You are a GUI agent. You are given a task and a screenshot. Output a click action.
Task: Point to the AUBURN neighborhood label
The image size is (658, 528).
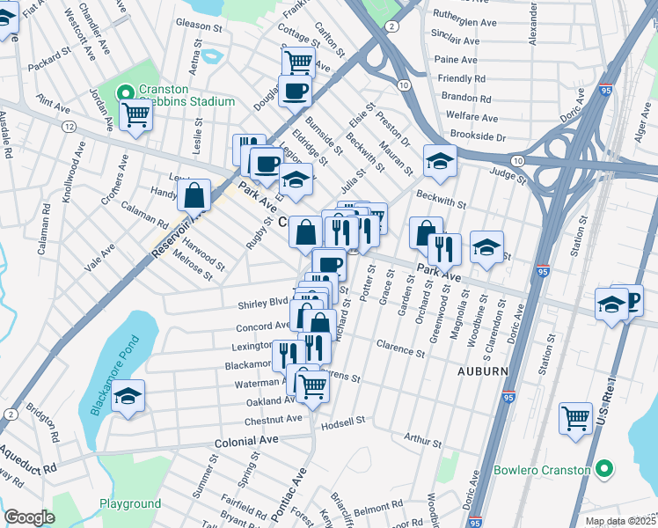(482, 371)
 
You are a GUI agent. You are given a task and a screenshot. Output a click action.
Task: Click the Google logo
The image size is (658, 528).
(29, 517)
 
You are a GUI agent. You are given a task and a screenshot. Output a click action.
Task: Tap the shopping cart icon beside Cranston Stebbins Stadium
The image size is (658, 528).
(135, 114)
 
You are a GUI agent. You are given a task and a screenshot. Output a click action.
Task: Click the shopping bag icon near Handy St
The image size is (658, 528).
(194, 194)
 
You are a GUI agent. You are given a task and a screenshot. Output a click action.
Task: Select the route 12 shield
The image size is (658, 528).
(68, 128)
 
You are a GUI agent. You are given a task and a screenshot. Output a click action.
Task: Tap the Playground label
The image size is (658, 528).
(129, 504)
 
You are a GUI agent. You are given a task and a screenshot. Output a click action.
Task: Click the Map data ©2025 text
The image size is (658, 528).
(618, 521)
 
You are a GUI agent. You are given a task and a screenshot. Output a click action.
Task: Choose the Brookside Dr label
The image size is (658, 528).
(478, 136)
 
